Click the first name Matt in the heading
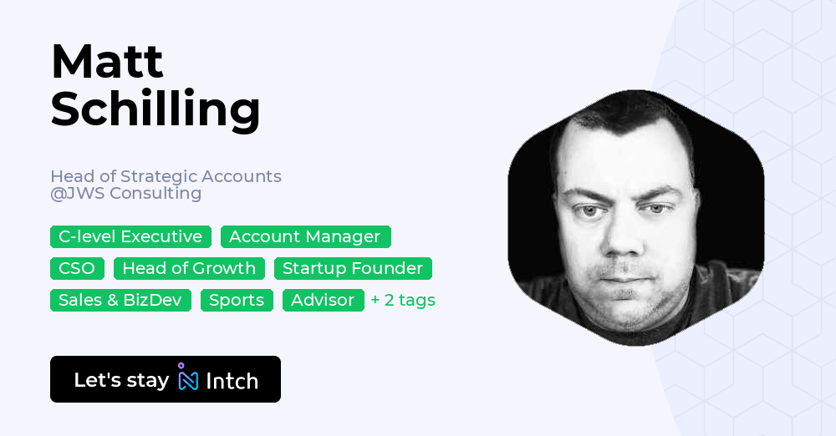(x=107, y=62)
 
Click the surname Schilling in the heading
(x=155, y=109)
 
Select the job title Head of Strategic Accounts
(x=166, y=176)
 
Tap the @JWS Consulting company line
(x=125, y=193)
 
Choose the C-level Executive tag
(x=130, y=236)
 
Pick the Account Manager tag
(x=305, y=236)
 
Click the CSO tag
(x=77, y=268)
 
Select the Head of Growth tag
(x=189, y=268)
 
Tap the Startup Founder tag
(x=353, y=268)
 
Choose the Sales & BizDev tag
(x=120, y=300)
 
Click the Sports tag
(x=237, y=300)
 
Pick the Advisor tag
(x=323, y=300)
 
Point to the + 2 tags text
(x=403, y=300)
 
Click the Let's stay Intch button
(x=166, y=379)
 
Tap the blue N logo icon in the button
(x=188, y=379)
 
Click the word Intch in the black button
(x=232, y=381)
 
